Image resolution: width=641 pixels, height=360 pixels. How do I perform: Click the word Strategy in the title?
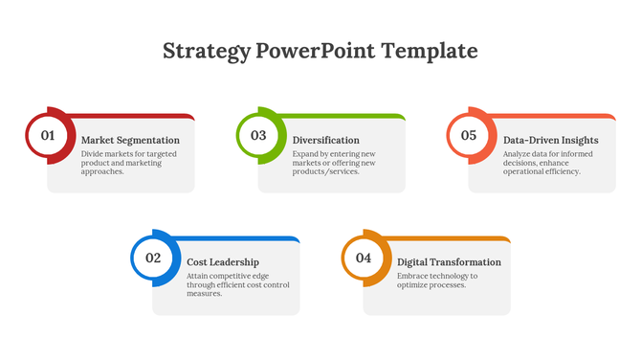click(207, 51)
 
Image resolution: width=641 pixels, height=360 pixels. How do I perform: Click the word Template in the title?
click(429, 51)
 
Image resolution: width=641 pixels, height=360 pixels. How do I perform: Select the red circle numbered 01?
click(48, 136)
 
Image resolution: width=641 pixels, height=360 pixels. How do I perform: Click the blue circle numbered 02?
click(153, 258)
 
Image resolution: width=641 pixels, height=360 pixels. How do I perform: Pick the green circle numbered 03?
click(258, 136)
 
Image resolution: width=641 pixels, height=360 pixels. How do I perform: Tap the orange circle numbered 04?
click(364, 258)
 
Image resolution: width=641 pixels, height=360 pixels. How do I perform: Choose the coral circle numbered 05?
click(469, 136)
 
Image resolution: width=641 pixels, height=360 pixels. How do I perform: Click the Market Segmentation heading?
click(130, 140)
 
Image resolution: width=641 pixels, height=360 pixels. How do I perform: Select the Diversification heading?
click(325, 140)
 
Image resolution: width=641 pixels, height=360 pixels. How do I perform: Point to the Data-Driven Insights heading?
click(550, 140)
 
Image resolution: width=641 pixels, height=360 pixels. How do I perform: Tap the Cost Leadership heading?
click(222, 261)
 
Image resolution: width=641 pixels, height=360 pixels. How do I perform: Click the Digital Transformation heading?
click(449, 261)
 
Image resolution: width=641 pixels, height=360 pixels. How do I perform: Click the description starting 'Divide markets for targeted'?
click(122, 163)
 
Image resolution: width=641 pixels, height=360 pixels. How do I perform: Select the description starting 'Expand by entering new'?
click(334, 163)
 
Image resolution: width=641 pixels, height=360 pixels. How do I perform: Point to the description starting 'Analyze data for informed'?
click(542, 163)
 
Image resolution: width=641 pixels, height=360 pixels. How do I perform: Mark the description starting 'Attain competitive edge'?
click(237, 284)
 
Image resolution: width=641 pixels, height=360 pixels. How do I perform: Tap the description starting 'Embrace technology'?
click(437, 281)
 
